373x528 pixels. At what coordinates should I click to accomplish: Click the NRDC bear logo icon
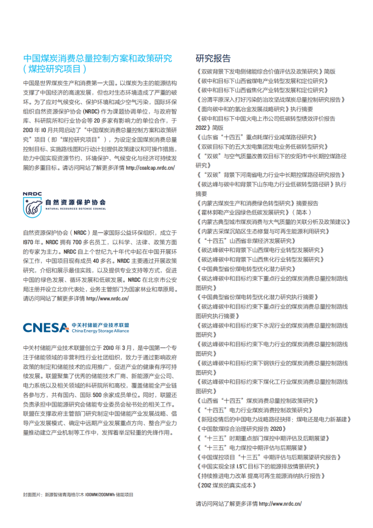33,206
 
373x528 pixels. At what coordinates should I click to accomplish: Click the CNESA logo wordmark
45,328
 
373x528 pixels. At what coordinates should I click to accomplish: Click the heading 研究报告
212,58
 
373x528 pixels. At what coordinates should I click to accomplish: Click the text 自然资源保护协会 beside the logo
75,201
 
